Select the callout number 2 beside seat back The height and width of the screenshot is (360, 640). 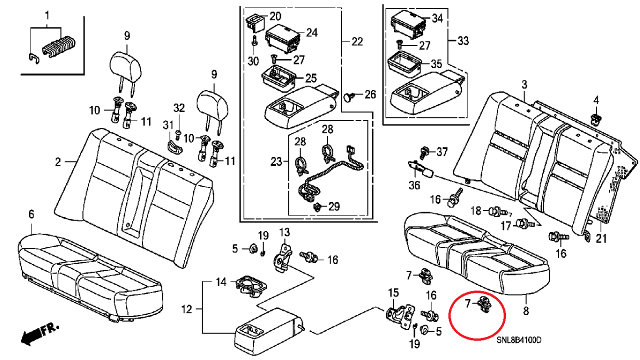coord(58,161)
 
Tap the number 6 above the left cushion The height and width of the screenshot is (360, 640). coord(31,214)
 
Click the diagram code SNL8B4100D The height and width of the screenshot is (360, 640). coord(519,340)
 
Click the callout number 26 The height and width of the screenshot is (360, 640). coord(369,94)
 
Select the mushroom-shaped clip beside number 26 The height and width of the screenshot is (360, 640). coord(349,95)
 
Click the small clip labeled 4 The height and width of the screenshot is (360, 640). coord(595,118)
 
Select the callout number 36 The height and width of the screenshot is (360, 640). coord(414,185)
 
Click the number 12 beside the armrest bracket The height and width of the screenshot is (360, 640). coord(186,310)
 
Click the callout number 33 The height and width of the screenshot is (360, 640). coord(463,40)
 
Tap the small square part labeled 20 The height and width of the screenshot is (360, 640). coord(253,21)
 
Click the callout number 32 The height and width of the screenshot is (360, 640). coord(179,107)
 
